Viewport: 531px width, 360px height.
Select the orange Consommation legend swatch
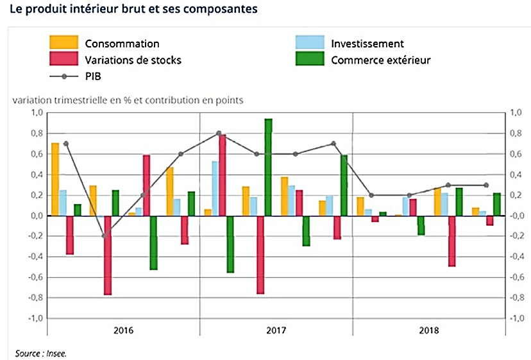tap(64, 44)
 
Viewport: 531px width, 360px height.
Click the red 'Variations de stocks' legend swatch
tap(64, 60)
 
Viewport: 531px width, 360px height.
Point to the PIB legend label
tap(94, 76)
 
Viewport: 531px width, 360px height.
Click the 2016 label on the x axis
tap(123, 331)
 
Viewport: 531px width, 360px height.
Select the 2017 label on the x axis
tap(276, 331)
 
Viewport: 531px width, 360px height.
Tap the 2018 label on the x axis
tap(429, 331)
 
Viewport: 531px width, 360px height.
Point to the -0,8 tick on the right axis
tap(516, 298)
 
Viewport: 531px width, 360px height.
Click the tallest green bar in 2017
tap(268, 167)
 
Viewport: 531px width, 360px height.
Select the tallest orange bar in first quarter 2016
tap(55, 179)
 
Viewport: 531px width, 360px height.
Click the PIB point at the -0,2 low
tap(105, 236)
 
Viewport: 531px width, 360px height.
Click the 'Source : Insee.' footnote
tap(41, 352)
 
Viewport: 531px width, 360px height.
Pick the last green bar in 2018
tap(497, 204)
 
